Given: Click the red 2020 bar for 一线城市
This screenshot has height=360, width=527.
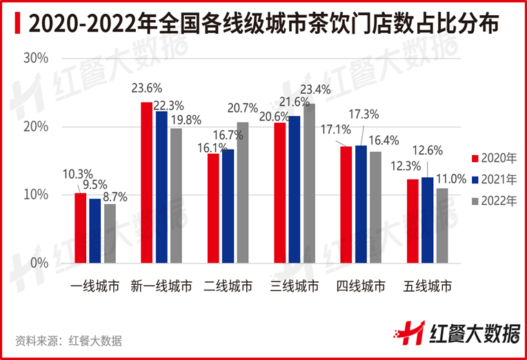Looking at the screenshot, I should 81,228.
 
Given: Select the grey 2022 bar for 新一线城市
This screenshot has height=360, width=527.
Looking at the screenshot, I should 175,196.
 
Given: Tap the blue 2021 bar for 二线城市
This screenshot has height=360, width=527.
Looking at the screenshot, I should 228,206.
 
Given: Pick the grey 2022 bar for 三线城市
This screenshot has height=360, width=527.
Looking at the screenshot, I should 308,183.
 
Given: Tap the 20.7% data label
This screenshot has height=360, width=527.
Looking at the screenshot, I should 242,108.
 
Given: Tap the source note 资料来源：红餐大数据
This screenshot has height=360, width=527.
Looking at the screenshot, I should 68,340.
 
